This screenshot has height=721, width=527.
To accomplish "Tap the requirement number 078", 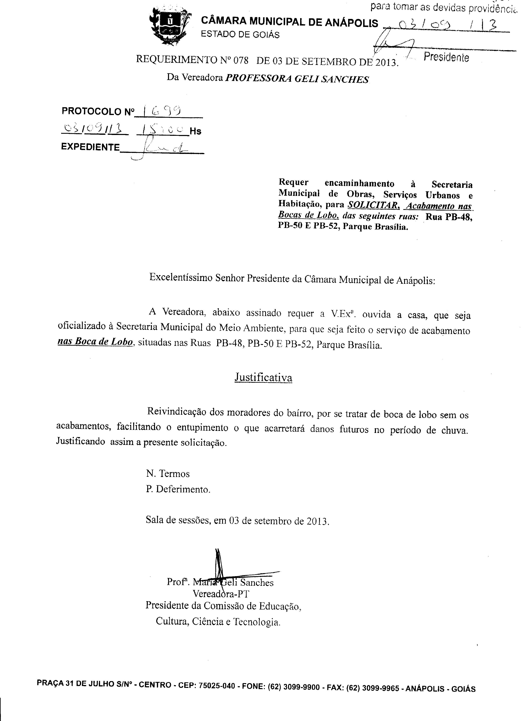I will tap(241, 60).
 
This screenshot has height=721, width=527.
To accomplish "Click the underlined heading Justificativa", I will tap(263, 378).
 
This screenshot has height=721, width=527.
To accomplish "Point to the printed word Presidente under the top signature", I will tap(446, 58).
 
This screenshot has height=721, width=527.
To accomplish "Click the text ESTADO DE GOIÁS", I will tap(240, 34).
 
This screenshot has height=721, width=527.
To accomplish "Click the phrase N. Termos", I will tap(168, 474).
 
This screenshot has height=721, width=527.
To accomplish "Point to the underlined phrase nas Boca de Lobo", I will tap(95, 342).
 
